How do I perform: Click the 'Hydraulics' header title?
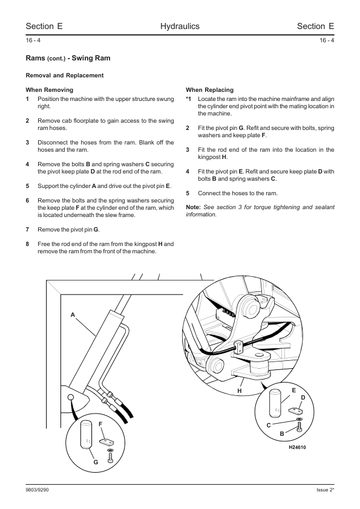[x=180, y=26]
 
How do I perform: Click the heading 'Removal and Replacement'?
[x=65, y=76]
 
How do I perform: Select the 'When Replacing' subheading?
[x=209, y=90]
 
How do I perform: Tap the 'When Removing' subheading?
[x=50, y=90]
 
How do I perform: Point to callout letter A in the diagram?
[x=73, y=314]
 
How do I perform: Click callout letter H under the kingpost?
[x=240, y=391]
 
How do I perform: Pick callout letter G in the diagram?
[x=96, y=462]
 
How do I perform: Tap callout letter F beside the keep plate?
[x=100, y=424]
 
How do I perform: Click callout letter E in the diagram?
[x=294, y=390]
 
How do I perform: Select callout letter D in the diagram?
[x=303, y=398]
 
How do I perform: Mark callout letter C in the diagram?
[x=269, y=425]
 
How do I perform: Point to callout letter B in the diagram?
[x=282, y=433]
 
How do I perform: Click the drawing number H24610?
[x=297, y=447]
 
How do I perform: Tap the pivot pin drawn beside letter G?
[x=85, y=435]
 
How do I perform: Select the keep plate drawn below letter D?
[x=296, y=410]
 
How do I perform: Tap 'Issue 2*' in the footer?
[x=326, y=490]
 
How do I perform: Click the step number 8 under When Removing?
[x=27, y=244]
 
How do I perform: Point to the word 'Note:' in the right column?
[x=194, y=207]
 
